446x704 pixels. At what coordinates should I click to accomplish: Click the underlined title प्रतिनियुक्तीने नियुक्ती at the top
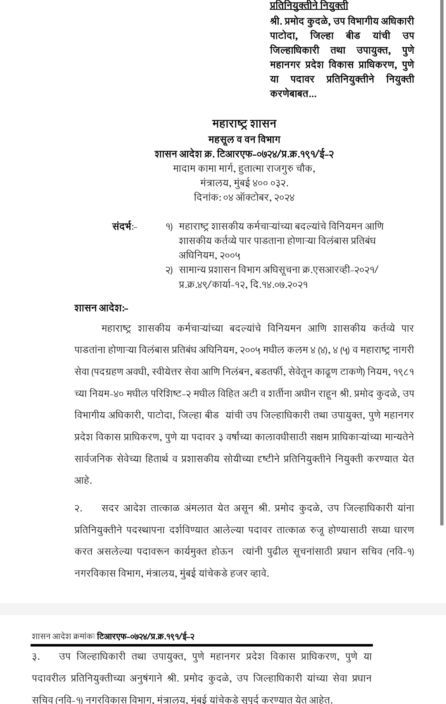[x=309, y=5]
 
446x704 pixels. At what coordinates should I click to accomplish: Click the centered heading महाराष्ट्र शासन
[x=244, y=124]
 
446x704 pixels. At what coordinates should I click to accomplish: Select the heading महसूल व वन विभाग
[x=244, y=140]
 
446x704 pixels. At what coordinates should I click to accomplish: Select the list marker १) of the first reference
[x=168, y=227]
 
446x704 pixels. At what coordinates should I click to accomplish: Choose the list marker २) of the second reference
[x=168, y=271]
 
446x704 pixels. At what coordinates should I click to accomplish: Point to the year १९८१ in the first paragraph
[x=403, y=372]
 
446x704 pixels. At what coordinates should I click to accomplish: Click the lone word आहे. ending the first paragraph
[x=83, y=481]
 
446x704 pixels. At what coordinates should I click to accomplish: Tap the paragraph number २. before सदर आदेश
[x=78, y=509]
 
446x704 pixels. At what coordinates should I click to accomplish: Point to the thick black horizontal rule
[x=202, y=645]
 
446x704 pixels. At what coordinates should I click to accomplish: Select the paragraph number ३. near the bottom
[x=36, y=657]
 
